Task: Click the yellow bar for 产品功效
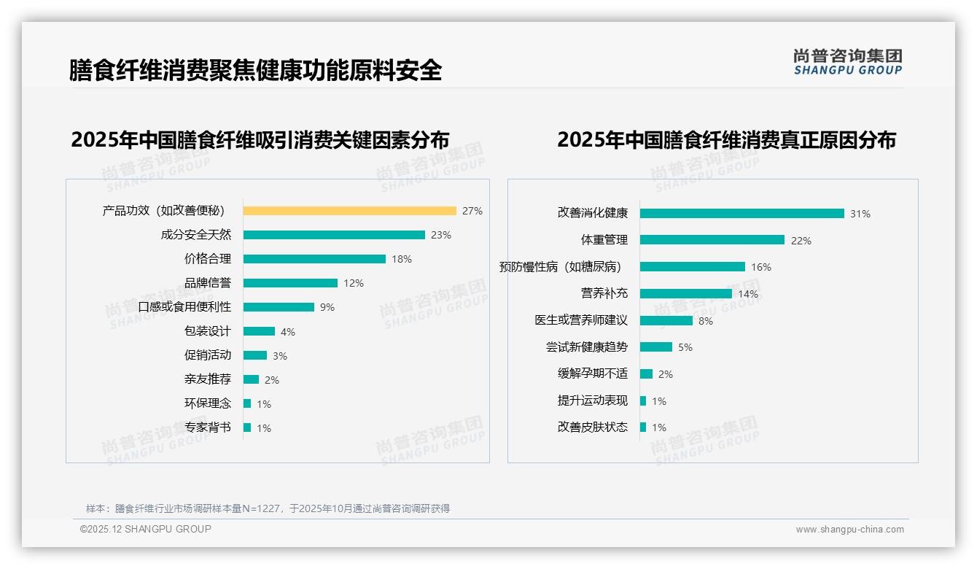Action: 349,211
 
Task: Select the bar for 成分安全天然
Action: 334,235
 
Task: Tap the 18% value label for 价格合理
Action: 402,259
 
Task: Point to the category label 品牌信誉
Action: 208,283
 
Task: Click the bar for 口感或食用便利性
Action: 279,307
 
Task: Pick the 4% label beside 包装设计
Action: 288,332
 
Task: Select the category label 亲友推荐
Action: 208,379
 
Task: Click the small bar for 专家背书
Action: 247,427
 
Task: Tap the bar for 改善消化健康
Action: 741,214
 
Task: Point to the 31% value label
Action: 860,214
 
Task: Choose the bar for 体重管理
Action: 712,240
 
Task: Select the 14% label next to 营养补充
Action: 748,294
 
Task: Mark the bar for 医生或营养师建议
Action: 666,320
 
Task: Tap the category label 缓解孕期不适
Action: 593,373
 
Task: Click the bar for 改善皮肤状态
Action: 643,427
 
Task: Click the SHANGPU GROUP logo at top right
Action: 848,61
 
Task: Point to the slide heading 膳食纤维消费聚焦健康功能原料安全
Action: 255,70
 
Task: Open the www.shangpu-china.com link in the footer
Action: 849,530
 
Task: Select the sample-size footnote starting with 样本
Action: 268,508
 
